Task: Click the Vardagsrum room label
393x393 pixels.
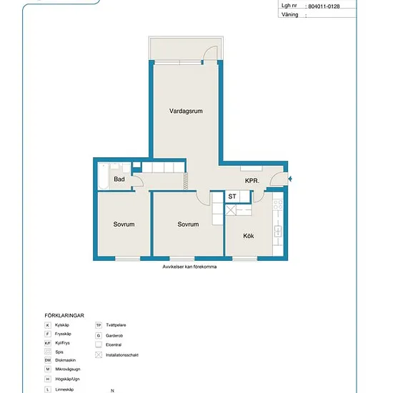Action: click(186, 111)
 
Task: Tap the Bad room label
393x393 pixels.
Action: click(119, 179)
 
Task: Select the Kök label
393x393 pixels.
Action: click(249, 236)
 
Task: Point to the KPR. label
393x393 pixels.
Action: click(252, 181)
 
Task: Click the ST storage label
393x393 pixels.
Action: click(232, 196)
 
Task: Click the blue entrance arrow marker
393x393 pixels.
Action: click(290, 179)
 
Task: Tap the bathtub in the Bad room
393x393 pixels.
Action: click(104, 176)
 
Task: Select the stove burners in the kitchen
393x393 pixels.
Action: click(278, 204)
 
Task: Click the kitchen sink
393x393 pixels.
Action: click(278, 231)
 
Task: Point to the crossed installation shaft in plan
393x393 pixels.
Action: click(231, 210)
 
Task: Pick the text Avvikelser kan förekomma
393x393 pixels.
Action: click(189, 267)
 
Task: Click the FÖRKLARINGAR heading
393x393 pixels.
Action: click(64, 316)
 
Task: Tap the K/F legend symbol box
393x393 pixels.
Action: click(48, 343)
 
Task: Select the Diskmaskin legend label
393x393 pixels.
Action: click(66, 360)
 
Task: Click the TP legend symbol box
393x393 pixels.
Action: click(99, 325)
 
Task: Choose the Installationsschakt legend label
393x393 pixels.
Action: click(122, 355)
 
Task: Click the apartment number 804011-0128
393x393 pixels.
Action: click(324, 6)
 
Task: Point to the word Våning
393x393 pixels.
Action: click(289, 14)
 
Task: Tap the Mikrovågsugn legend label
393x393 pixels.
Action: click(68, 369)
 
